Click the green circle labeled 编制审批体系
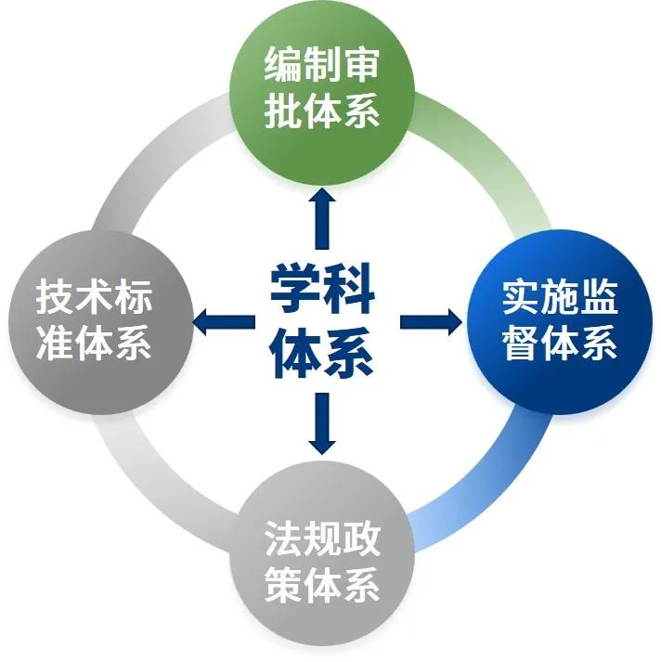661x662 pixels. coord(322,92)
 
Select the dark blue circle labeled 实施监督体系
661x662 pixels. coord(560,321)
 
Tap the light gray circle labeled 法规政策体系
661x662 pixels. coord(322,554)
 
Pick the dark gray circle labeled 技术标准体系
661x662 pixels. coord(101,321)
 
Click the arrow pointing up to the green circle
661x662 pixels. coord(322,218)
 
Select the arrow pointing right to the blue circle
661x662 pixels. coord(431,322)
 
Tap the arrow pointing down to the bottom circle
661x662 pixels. coord(322,424)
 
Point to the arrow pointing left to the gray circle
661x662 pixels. coord(224,322)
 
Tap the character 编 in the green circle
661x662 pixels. coord(282,64)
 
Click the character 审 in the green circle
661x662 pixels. coord(361,64)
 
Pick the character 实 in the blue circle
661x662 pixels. coord(521,297)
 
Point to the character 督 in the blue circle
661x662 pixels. coord(521,343)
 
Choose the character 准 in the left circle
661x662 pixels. coord(54,343)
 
